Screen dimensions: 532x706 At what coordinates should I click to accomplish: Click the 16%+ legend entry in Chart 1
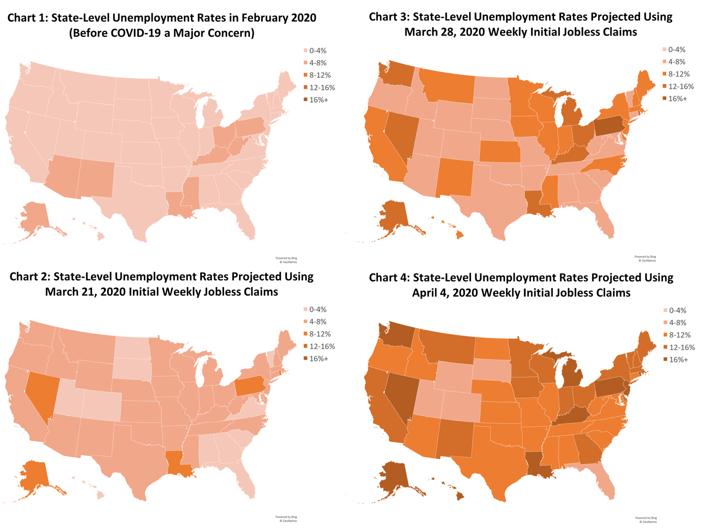318,100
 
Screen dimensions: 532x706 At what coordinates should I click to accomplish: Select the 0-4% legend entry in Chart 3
677,50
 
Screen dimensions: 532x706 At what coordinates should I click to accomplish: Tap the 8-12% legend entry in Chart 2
320,334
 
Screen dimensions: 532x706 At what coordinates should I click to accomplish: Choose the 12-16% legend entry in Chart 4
682,348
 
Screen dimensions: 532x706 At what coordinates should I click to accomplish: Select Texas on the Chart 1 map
134,208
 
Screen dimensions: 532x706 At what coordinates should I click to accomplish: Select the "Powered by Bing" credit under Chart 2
286,517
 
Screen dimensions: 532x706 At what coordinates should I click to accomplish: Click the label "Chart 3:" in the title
389,17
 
